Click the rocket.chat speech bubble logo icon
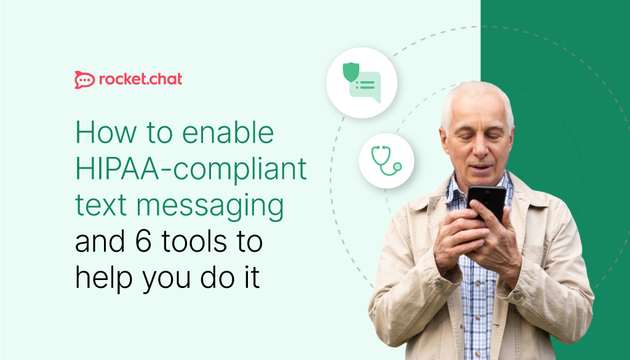[84, 79]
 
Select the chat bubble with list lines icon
[366, 87]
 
